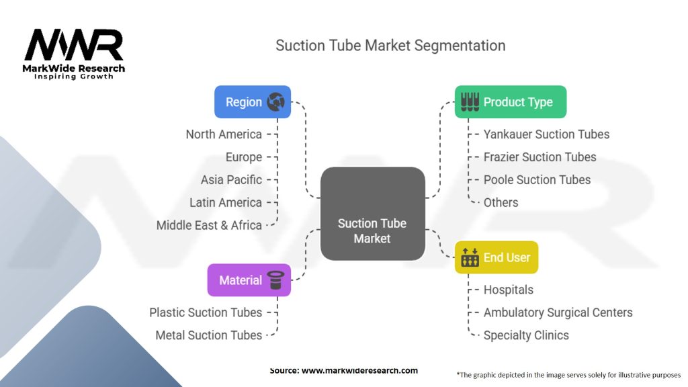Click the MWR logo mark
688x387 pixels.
click(74, 45)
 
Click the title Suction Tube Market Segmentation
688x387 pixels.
click(390, 46)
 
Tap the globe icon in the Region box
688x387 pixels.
click(275, 102)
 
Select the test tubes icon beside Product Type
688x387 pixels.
click(470, 102)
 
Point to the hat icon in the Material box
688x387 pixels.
click(275, 280)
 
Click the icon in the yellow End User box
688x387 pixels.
click(470, 257)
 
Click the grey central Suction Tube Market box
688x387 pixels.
click(372, 214)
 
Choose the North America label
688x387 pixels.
click(224, 134)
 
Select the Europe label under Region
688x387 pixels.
click(243, 157)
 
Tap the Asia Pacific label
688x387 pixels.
click(231, 180)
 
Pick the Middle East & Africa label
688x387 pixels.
click(209, 226)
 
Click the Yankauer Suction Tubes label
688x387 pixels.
click(546, 134)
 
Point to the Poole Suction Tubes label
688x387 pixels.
click(537, 180)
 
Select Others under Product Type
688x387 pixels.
click(501, 203)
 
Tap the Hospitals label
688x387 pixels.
click(508, 290)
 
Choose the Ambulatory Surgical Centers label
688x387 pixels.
click(558, 313)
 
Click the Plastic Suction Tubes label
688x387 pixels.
click(206, 313)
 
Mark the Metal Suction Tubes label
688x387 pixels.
click(208, 336)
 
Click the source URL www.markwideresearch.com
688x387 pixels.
click(359, 371)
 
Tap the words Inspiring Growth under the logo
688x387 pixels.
click(74, 77)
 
